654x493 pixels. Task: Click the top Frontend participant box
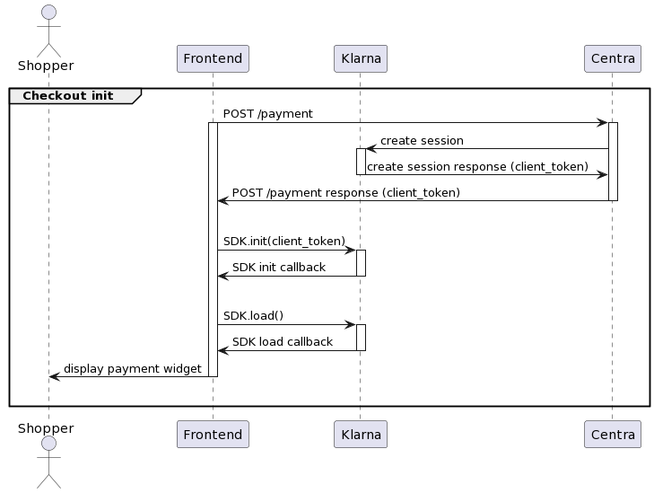coord(213,58)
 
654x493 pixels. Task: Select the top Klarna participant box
coord(360,58)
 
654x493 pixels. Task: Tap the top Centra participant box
coord(612,58)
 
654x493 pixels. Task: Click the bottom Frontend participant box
coord(213,435)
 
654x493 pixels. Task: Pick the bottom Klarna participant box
coord(360,435)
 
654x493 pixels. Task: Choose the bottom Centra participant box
coord(612,435)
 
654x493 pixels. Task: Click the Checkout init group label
coord(68,96)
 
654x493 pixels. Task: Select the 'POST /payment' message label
coord(267,114)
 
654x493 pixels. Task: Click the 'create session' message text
coord(422,140)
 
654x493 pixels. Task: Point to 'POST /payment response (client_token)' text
coord(345,192)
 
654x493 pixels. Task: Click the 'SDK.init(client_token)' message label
coord(283,241)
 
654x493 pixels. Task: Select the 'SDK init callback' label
coord(278,267)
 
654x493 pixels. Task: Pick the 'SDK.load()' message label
coord(253,315)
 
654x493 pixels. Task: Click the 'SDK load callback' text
coord(282,341)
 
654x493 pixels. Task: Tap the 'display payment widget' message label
coord(132,368)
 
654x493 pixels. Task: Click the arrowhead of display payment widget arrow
coord(54,377)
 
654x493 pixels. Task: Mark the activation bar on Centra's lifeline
coord(613,162)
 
